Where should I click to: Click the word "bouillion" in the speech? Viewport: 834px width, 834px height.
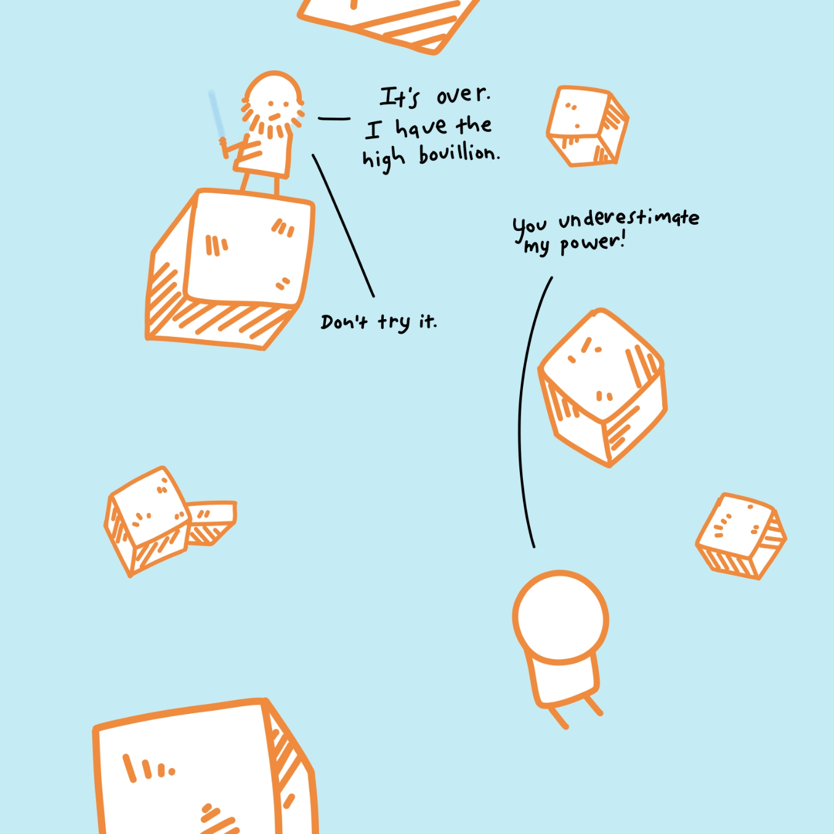coord(459,154)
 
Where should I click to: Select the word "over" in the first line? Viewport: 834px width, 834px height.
coord(463,95)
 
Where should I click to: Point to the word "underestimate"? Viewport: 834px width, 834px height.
coord(628,218)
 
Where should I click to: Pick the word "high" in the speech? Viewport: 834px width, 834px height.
coord(383,160)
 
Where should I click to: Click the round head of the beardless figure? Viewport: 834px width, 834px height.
coord(561,617)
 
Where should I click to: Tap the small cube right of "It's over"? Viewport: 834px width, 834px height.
coord(587,126)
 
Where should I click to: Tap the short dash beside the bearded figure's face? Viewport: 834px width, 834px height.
coord(334,118)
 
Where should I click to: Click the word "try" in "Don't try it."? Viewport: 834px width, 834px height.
coord(394,322)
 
